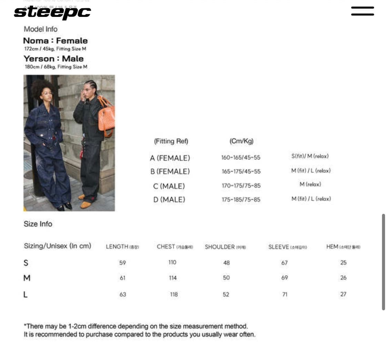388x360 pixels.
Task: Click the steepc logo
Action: click(x=52, y=13)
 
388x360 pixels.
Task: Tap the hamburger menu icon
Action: click(x=362, y=11)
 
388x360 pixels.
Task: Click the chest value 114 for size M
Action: click(x=173, y=278)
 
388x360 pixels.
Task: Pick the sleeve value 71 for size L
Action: click(x=285, y=294)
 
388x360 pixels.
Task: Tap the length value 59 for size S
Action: click(x=122, y=263)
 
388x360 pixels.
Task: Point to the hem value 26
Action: click(x=343, y=278)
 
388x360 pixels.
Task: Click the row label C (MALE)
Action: click(x=169, y=186)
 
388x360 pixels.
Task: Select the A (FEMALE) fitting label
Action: click(x=170, y=158)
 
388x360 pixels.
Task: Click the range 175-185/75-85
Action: click(x=241, y=200)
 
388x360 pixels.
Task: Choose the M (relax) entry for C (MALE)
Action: click(x=310, y=184)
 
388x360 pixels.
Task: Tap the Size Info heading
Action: click(x=38, y=224)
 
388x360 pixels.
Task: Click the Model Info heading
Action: click(x=40, y=29)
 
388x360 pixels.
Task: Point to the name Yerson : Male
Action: click(x=53, y=59)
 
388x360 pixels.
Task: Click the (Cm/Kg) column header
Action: click(x=241, y=141)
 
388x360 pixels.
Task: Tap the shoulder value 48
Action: click(x=226, y=263)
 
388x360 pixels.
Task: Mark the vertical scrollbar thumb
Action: click(x=383, y=262)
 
